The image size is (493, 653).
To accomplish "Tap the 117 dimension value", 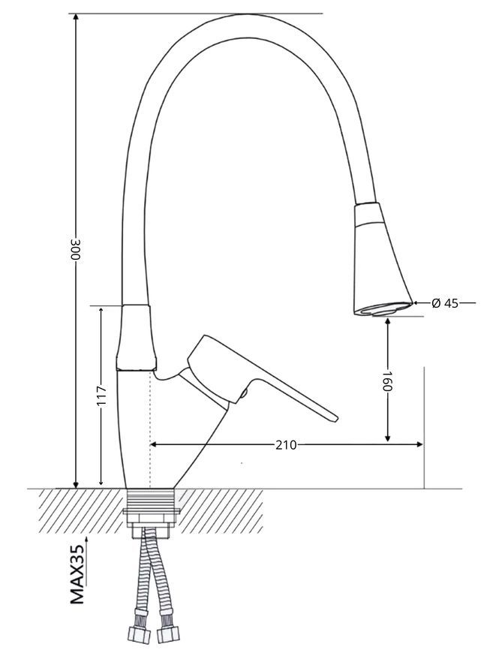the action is [101, 396].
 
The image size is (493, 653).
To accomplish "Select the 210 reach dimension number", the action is [287, 445].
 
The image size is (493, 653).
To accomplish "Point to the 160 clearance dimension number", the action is [388, 381].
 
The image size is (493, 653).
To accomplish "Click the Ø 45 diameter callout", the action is [445, 303].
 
